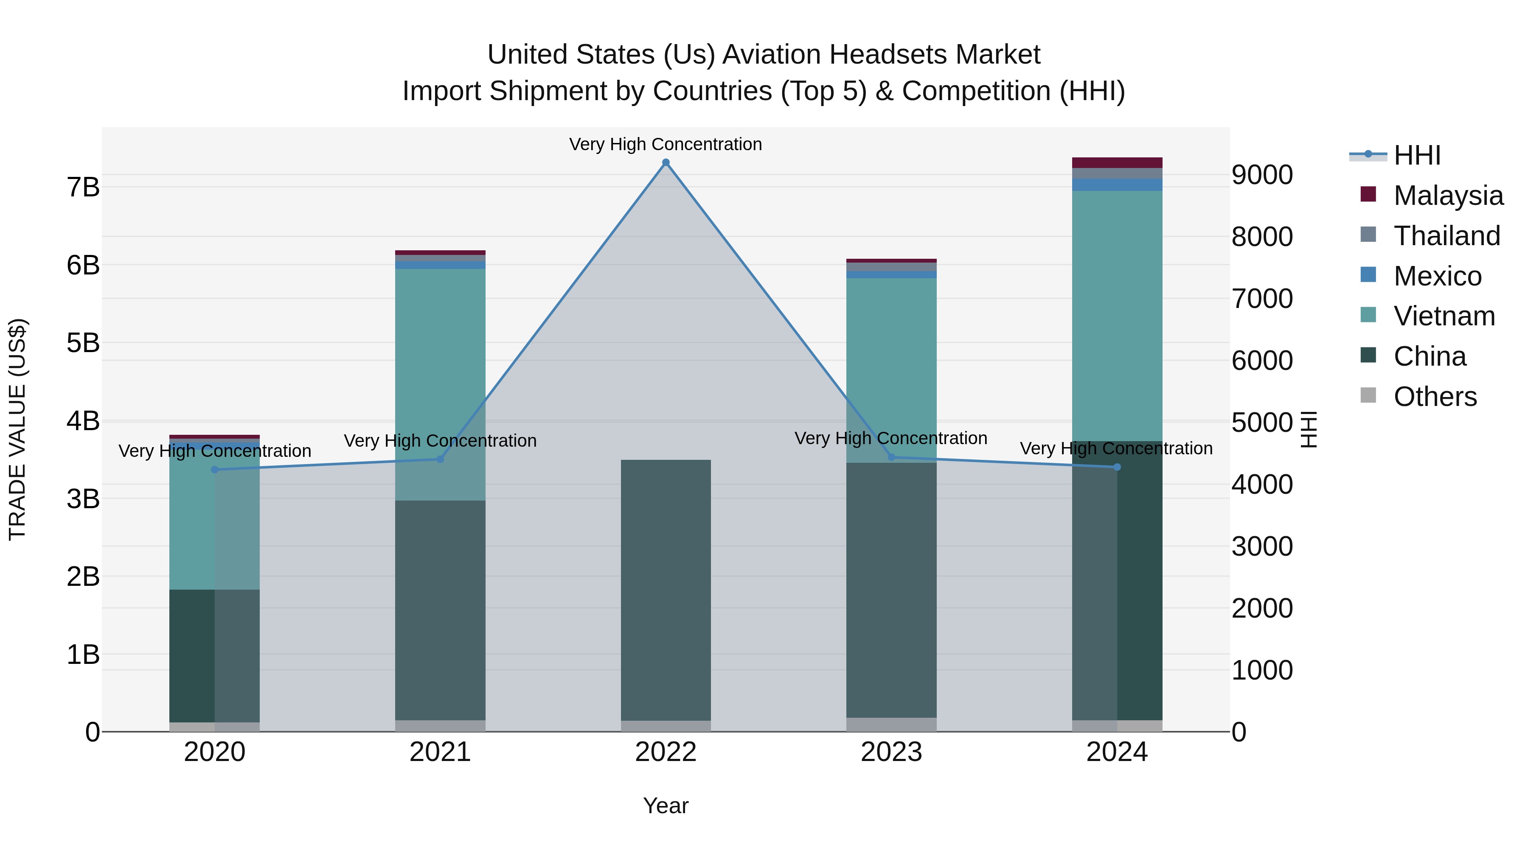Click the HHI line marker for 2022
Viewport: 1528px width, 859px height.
(666, 162)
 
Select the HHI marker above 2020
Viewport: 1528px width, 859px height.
(215, 470)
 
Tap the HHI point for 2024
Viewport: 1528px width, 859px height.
(1117, 467)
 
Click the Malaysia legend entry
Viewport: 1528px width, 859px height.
(1447, 196)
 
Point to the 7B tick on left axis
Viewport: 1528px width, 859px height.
(83, 187)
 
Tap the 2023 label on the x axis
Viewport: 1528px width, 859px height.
(891, 752)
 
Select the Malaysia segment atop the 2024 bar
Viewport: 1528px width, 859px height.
(1117, 162)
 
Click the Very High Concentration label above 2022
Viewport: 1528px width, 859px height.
(666, 144)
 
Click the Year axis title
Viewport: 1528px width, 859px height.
(666, 806)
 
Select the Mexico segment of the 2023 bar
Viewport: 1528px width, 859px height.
(891, 274)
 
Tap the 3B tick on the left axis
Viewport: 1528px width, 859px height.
(83, 498)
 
